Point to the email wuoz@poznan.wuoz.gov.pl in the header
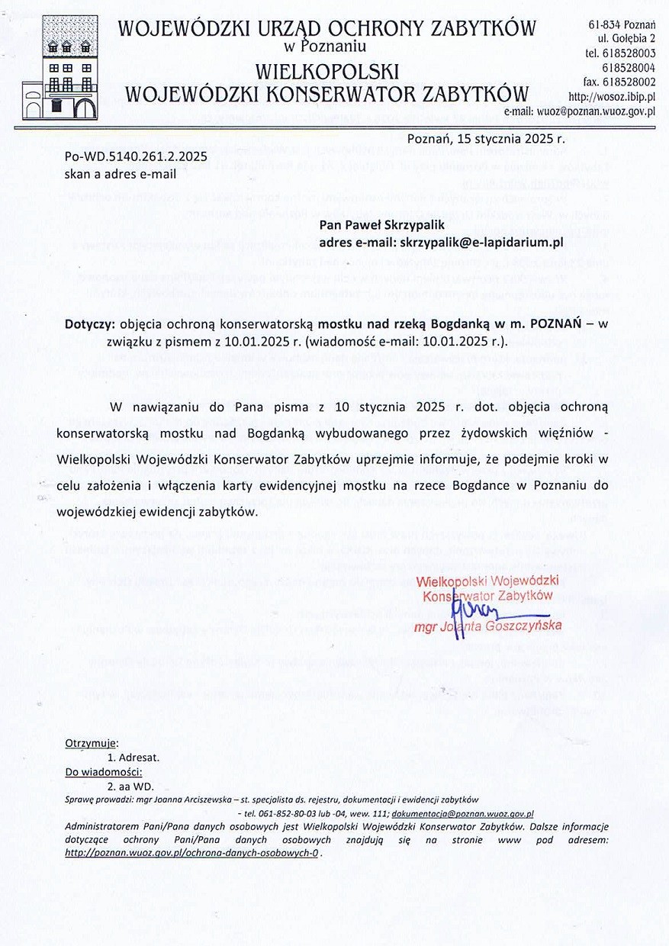pyautogui.click(x=585, y=111)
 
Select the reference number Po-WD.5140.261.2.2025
pyautogui.click(x=137, y=156)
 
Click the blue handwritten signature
pyautogui.click(x=478, y=610)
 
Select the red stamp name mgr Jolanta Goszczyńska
pyautogui.click(x=487, y=627)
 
